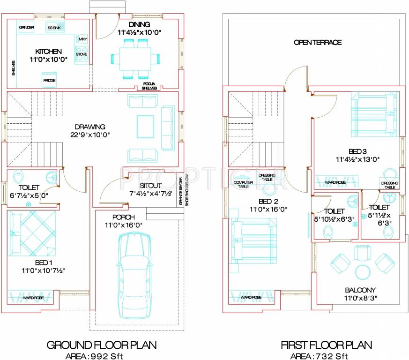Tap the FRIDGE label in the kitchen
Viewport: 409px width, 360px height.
click(x=50, y=81)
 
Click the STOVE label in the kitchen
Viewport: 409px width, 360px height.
click(x=82, y=54)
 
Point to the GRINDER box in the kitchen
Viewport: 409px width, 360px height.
click(x=26, y=28)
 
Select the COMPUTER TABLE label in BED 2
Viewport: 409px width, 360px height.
click(x=243, y=184)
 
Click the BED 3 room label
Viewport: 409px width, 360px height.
click(x=357, y=151)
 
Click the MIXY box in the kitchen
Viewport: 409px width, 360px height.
click(x=83, y=39)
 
